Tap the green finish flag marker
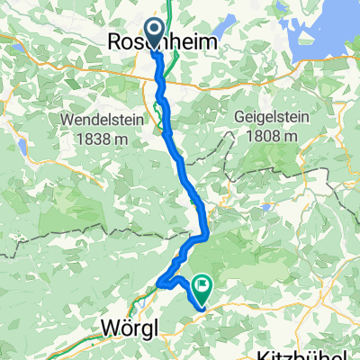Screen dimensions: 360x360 tap(201, 291)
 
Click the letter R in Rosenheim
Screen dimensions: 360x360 tap(115, 41)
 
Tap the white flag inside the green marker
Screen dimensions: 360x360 tap(202, 289)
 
